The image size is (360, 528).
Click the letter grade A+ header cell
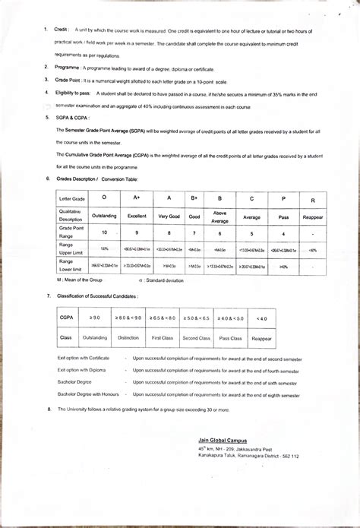point(137,198)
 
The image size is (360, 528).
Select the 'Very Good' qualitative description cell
point(169,216)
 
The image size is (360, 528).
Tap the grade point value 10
point(104,233)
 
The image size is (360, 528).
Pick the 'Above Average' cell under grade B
point(219,216)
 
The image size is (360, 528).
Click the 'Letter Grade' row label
point(73,198)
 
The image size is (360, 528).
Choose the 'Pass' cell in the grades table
point(283,216)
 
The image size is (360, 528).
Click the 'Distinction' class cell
point(128,337)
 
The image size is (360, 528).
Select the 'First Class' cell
point(163,337)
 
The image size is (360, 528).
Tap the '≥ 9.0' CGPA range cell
point(95,318)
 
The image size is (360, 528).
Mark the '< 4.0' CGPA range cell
point(262,318)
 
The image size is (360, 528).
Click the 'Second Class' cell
point(196,337)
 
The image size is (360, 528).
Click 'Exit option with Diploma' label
point(82,369)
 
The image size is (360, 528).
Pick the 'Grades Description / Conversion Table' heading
point(97,179)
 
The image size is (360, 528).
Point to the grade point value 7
point(194,233)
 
